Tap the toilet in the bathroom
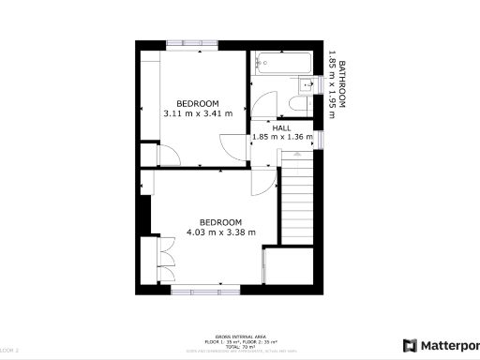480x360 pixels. [306, 88]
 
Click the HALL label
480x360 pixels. [282, 127]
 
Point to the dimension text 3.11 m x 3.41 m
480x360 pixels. [198, 113]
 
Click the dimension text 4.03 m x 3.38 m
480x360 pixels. [221, 232]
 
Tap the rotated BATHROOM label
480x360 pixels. [342, 85]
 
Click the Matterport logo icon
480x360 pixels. [410, 344]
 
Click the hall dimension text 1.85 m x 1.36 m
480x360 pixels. [282, 137]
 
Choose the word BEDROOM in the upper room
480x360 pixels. [198, 103]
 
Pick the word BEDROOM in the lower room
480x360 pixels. [221, 222]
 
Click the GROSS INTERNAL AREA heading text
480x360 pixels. [240, 335]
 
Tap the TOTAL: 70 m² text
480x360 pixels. [240, 346]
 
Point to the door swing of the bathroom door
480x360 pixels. [262, 103]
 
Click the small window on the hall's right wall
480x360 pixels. [321, 139]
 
